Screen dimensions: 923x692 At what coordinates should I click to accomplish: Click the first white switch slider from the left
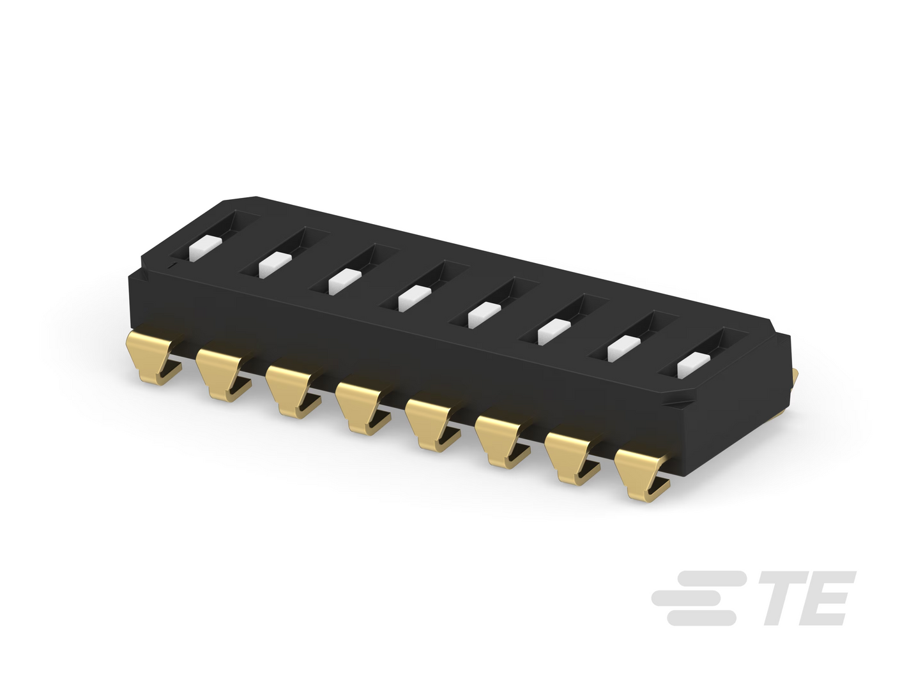tap(205, 249)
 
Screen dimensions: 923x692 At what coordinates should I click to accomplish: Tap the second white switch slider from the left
tap(275, 265)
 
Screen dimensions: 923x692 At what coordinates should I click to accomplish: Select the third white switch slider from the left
tap(345, 282)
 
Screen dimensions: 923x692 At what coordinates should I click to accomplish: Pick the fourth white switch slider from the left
tap(415, 298)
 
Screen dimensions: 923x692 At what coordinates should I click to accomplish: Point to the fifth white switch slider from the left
tap(484, 315)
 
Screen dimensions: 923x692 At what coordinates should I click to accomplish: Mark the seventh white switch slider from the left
tap(624, 349)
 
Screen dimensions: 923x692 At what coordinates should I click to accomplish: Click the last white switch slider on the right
tap(694, 365)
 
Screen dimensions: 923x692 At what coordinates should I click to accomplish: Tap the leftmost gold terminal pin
tap(153, 356)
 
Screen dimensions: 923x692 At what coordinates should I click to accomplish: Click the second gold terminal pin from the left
tap(223, 373)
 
